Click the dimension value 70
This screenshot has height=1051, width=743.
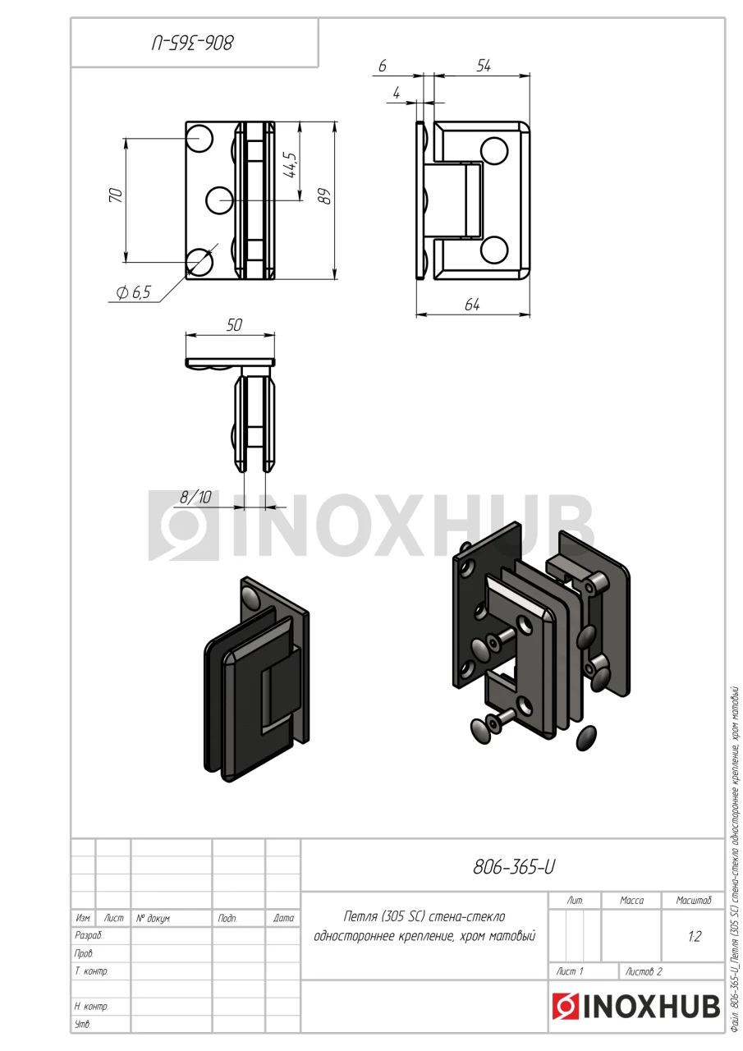tap(116, 195)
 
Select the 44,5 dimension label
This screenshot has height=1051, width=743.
tap(291, 165)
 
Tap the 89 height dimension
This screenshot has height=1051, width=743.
tap(324, 196)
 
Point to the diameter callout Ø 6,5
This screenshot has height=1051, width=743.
tap(134, 293)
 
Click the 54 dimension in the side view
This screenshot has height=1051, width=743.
tap(483, 66)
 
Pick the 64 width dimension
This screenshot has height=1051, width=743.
tap(472, 305)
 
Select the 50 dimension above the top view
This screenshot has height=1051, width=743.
tap(234, 325)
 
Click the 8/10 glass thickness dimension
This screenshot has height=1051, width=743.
tap(195, 497)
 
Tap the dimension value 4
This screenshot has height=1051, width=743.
tap(397, 93)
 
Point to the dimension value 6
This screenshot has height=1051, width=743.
tap(383, 67)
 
